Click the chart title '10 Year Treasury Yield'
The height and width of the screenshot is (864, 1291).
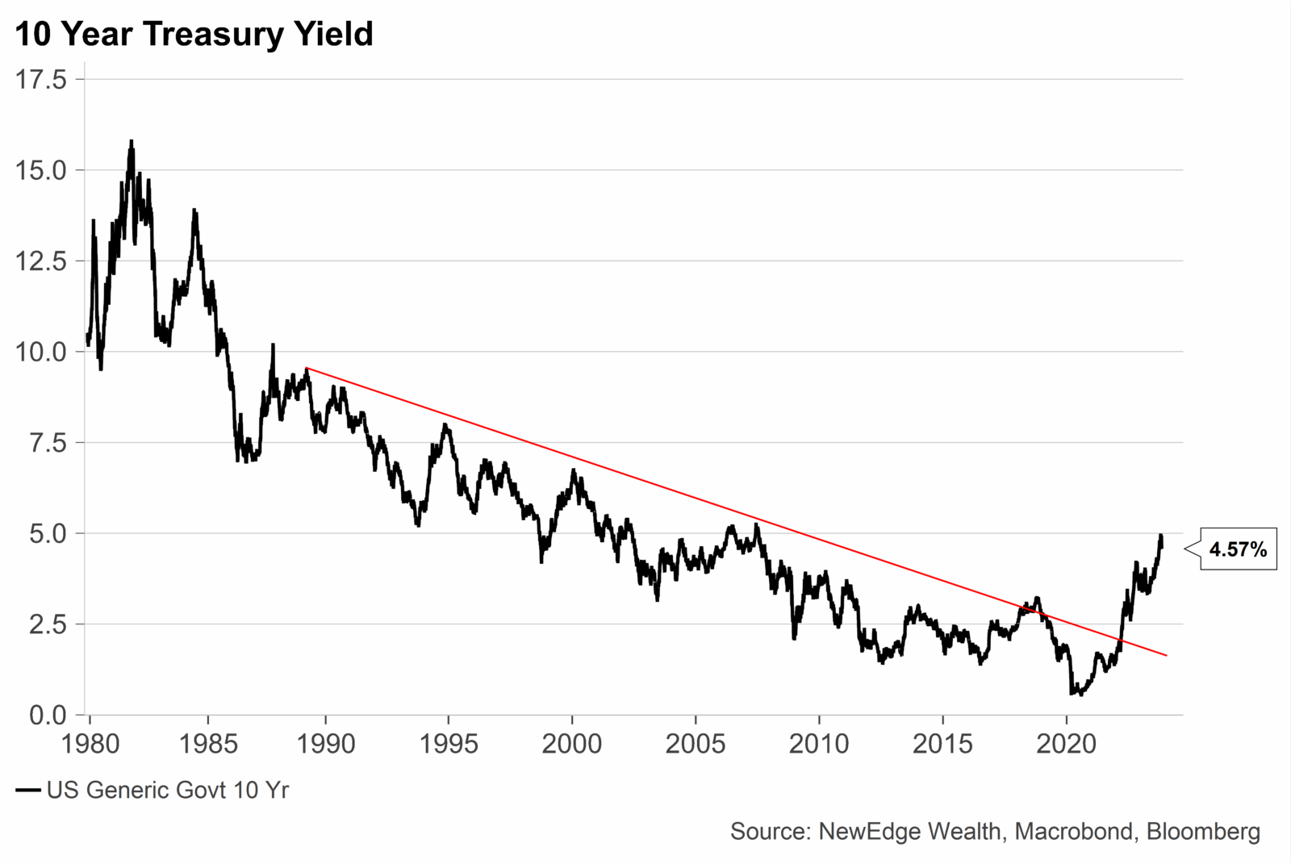coord(194,34)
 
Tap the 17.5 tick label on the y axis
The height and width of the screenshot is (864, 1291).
coord(40,80)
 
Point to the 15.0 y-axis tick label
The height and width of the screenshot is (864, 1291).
coord(40,170)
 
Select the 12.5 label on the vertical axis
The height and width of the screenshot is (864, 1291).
coord(40,261)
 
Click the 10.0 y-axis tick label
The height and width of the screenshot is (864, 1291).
coord(40,352)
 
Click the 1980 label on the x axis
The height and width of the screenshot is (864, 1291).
coord(90,744)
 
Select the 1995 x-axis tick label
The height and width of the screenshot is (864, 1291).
coord(448,744)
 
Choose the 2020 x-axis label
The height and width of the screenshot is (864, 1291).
coord(1066,744)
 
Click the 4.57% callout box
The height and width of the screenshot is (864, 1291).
coord(1238,550)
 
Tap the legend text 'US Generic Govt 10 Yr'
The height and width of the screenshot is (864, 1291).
coord(167,791)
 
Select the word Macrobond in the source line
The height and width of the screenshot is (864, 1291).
coord(1073,832)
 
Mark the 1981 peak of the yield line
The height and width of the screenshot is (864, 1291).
coord(131,141)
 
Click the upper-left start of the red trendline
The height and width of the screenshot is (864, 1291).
coord(307,368)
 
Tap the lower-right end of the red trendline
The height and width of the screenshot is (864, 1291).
coord(1166,655)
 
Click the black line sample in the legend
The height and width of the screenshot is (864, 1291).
coord(28,791)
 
